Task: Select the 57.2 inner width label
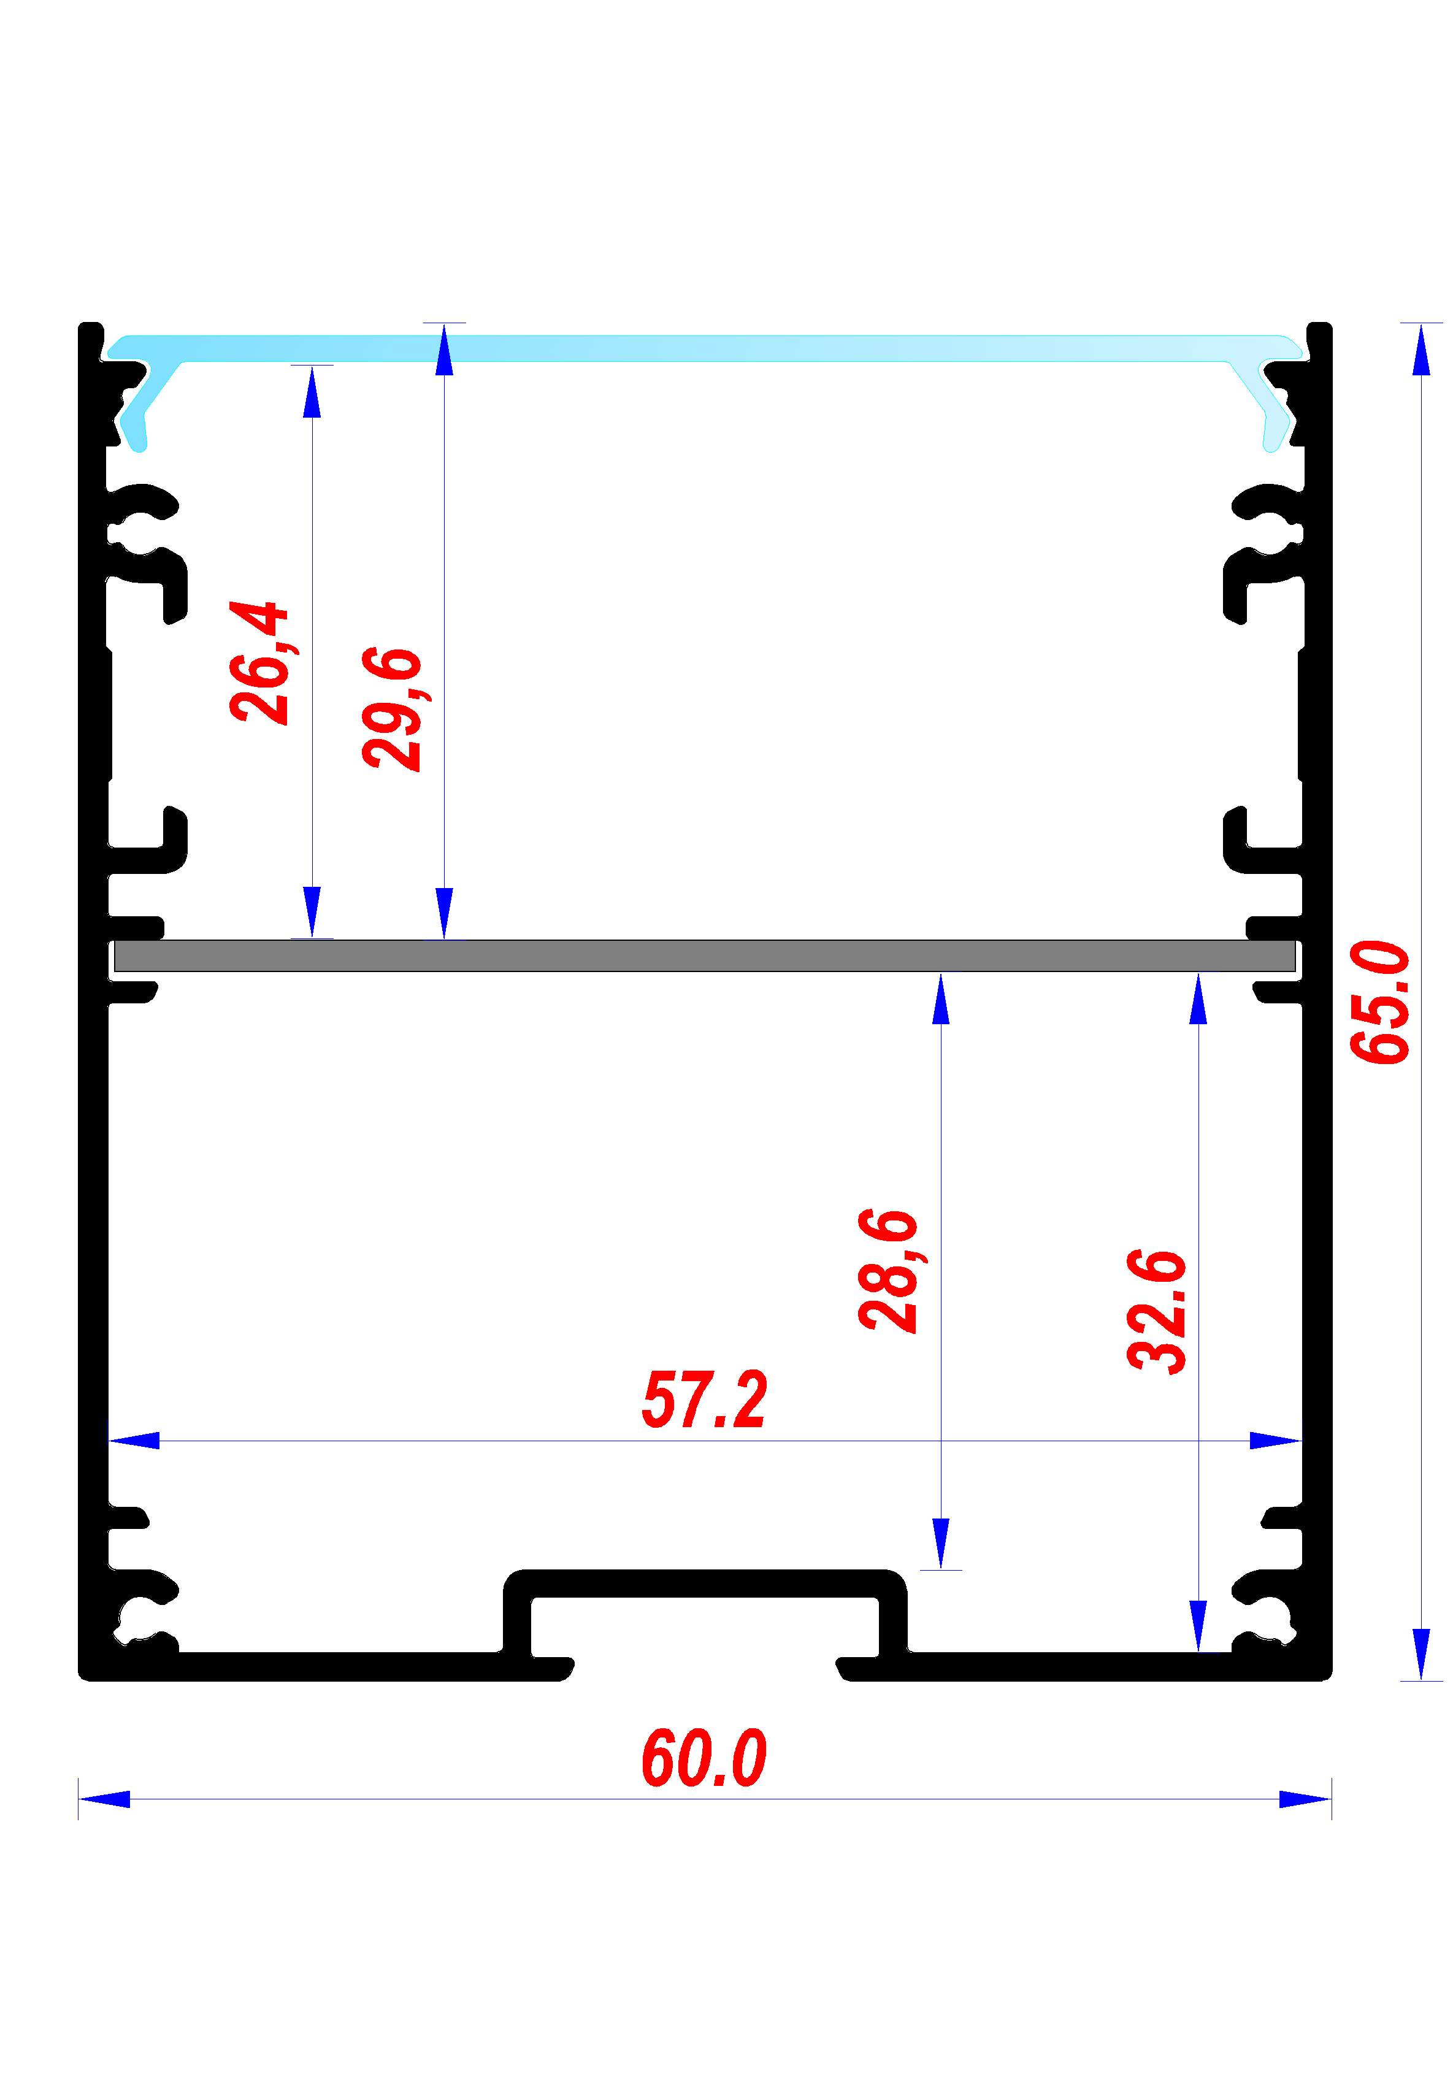(704, 1399)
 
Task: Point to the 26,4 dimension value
(259, 662)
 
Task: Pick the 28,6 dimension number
(888, 1270)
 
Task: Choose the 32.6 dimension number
(1156, 1311)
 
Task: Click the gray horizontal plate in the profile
(704, 956)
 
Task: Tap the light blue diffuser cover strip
(704, 348)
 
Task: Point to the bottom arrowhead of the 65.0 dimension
(1421, 1654)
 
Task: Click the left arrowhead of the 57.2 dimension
(134, 1441)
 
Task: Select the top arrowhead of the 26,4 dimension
(312, 391)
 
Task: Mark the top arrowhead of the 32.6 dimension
(1198, 998)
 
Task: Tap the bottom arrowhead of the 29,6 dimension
(444, 913)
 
